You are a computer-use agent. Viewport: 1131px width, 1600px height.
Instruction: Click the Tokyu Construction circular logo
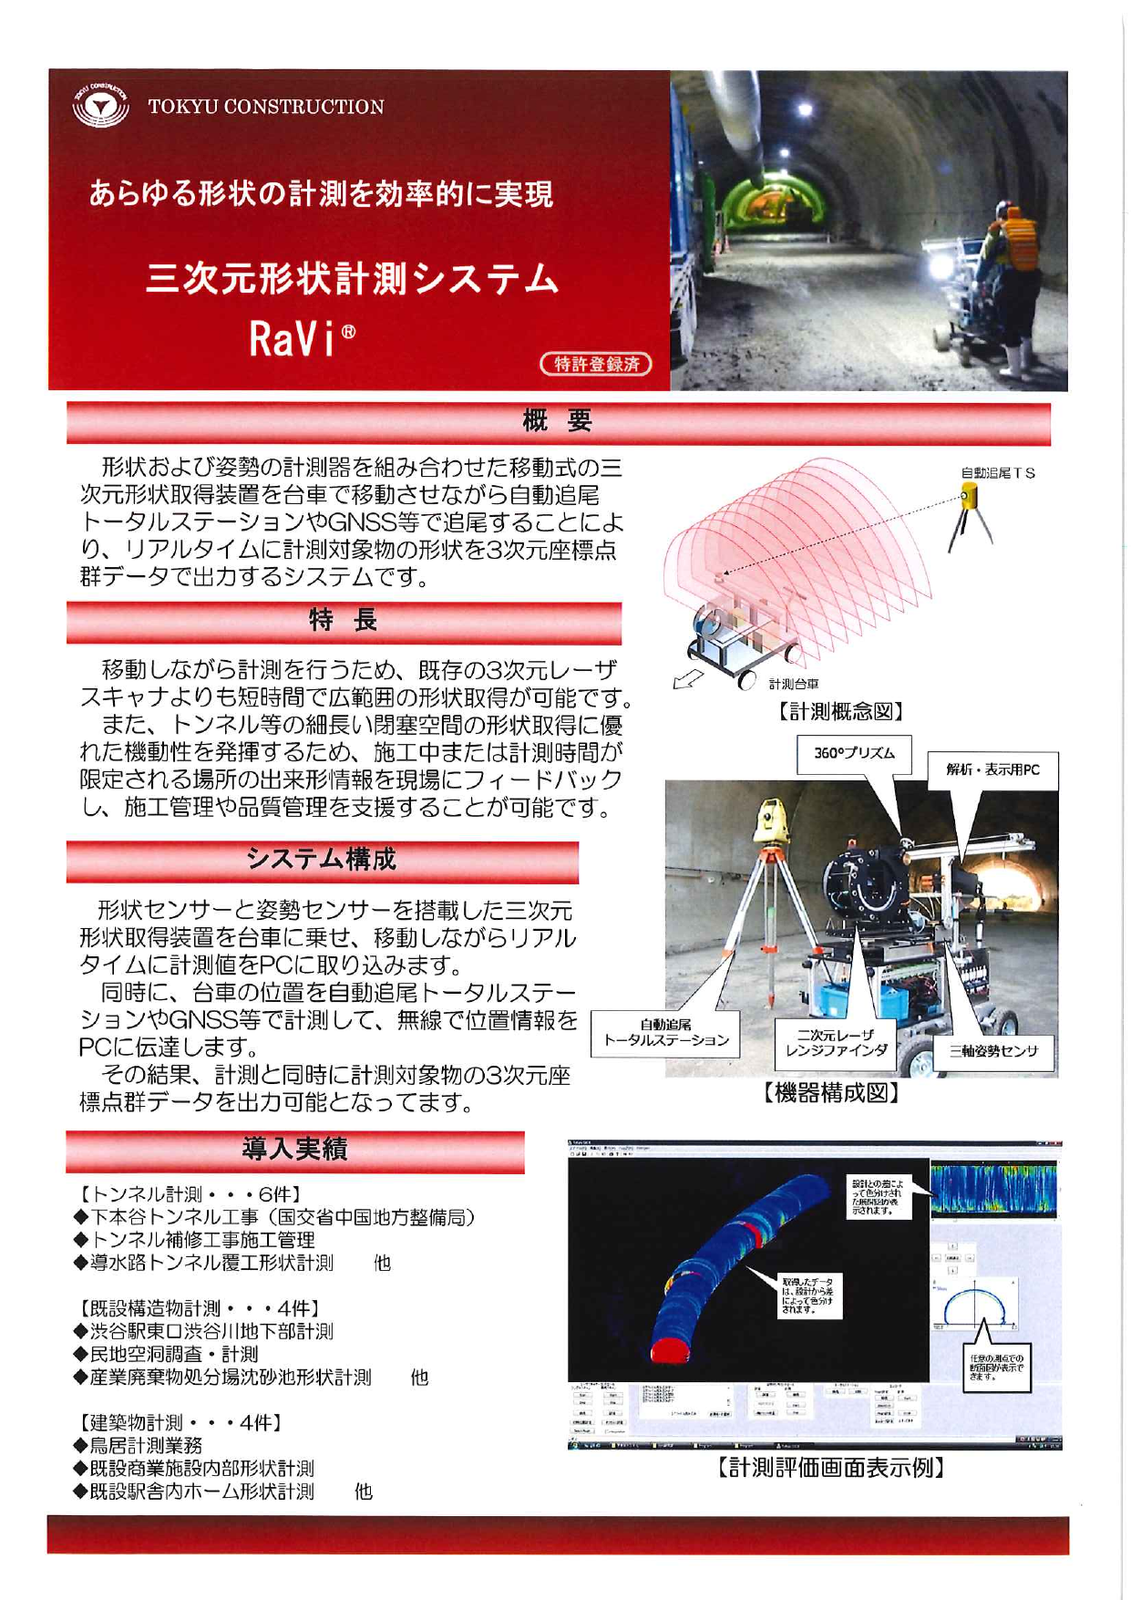(x=100, y=107)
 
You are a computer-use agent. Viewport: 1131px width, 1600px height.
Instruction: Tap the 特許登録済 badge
(x=597, y=364)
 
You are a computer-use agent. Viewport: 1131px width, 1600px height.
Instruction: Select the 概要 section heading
(x=558, y=421)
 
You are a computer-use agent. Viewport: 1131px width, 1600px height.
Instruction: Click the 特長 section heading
(x=344, y=621)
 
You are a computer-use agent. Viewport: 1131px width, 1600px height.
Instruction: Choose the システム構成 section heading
(x=322, y=859)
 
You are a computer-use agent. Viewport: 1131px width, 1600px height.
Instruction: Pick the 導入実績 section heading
(x=294, y=1149)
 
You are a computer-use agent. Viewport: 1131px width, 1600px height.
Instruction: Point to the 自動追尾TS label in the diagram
(x=998, y=473)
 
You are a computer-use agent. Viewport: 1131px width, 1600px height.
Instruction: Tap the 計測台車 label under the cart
(x=793, y=684)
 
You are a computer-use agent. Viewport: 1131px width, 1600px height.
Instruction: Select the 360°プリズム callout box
(x=854, y=754)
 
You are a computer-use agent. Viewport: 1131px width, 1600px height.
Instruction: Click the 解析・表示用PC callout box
(x=992, y=769)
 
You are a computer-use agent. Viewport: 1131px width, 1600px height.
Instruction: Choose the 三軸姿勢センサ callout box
(x=993, y=1051)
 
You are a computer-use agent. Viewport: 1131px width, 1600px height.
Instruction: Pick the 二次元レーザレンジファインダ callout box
(x=836, y=1043)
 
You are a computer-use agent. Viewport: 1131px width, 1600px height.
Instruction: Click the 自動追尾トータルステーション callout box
(x=665, y=1033)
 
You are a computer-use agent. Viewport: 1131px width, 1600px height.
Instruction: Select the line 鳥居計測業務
(x=145, y=1445)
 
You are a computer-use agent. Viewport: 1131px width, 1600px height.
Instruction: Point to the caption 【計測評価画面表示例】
(x=830, y=1468)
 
